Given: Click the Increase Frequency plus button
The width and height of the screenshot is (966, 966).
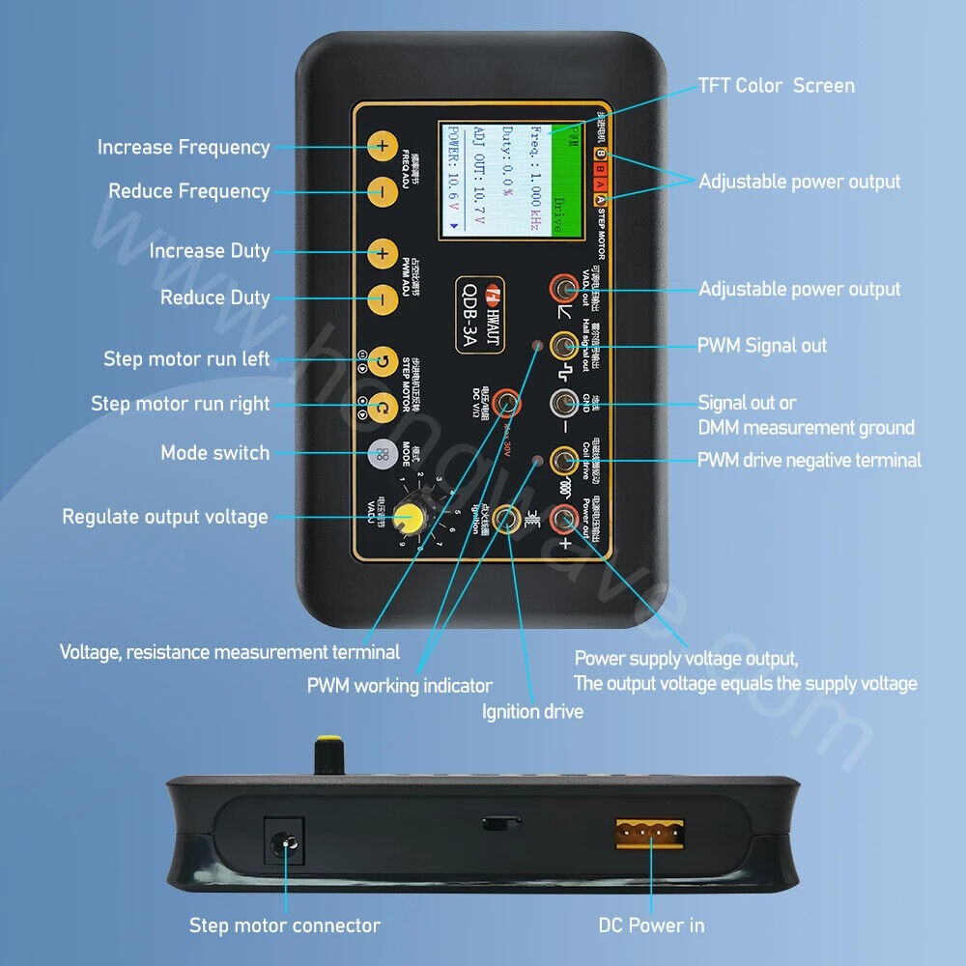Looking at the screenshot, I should tap(383, 147).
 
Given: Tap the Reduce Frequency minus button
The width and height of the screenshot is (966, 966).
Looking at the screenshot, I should tap(383, 191).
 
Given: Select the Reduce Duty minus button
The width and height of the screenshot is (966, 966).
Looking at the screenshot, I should tap(383, 298).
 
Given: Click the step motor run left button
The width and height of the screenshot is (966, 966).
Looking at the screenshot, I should tap(383, 359).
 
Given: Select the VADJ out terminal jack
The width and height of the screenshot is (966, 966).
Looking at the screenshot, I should tap(562, 288).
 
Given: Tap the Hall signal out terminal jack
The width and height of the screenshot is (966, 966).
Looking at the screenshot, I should tap(562, 346).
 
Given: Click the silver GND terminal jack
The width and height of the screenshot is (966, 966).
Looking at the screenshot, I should tap(562, 404).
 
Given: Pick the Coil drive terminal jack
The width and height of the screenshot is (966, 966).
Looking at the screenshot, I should tap(562, 461).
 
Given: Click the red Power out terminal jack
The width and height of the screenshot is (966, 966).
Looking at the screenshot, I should tap(562, 520).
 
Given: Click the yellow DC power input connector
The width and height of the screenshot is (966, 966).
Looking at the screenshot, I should tap(650, 834).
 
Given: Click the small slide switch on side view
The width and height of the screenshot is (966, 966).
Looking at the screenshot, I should tap(501, 824).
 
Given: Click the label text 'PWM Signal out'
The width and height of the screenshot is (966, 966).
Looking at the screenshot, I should tap(762, 346).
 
